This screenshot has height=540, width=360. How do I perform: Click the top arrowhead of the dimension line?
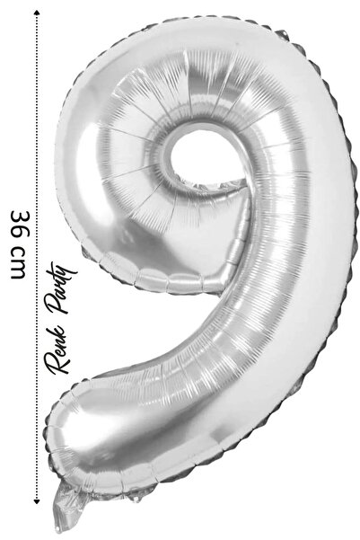coord(37,13)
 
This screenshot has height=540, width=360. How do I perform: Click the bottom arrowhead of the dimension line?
coord(37,501)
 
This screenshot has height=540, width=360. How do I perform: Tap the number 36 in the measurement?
coord(21,224)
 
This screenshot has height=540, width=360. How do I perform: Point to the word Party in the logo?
coord(65,288)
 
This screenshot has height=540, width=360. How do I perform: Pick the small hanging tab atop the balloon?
coord(283,34)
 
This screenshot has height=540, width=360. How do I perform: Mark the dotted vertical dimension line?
coord(37,257)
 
